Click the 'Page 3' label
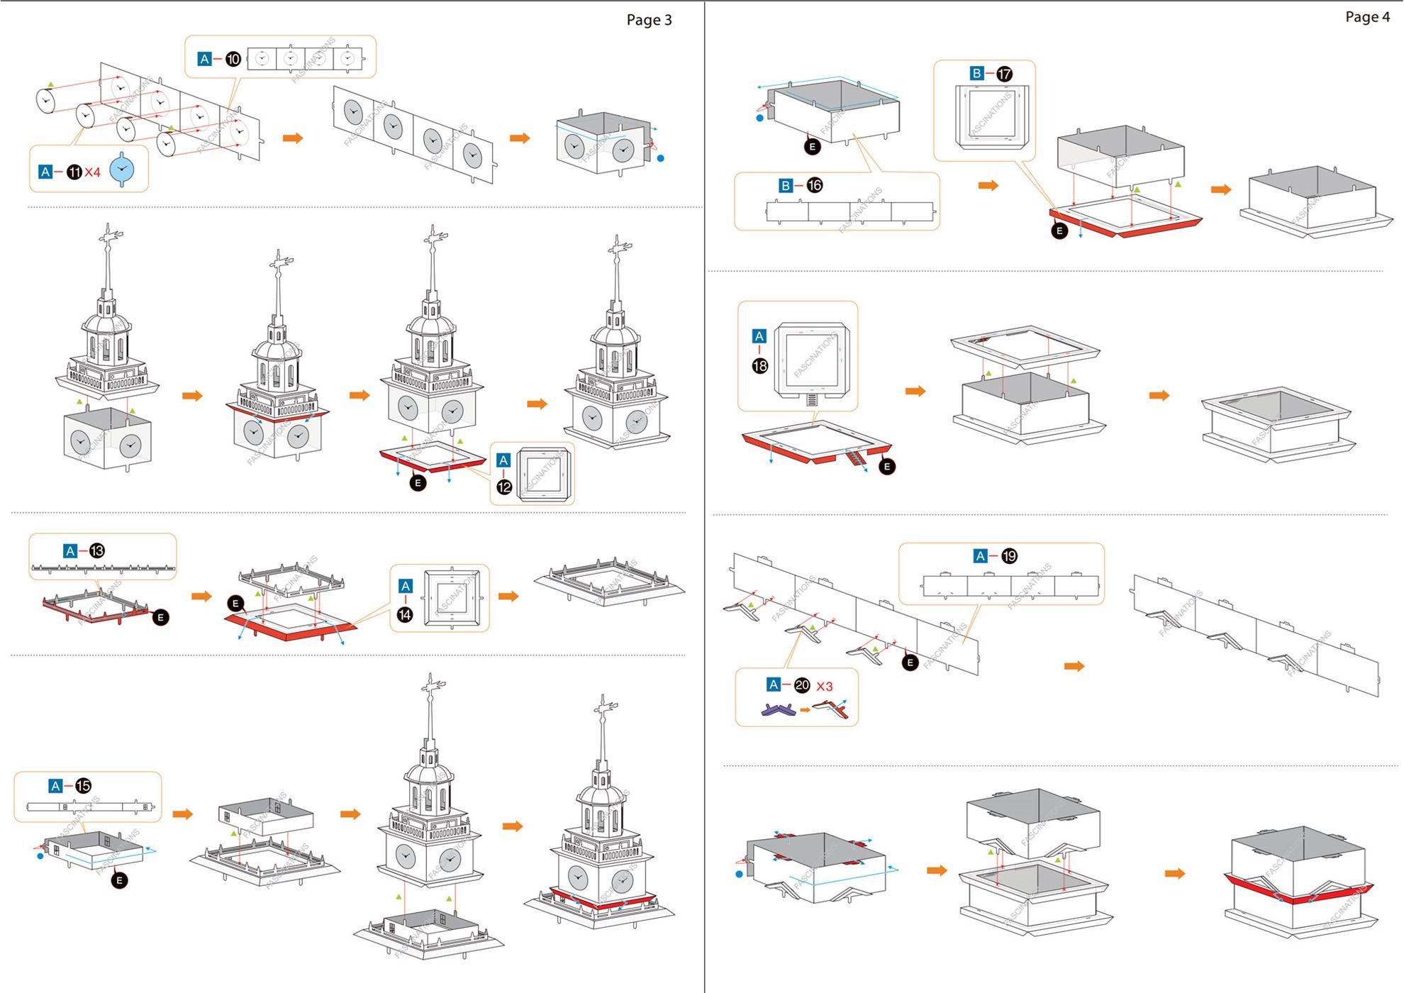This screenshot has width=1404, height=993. pyautogui.click(x=648, y=20)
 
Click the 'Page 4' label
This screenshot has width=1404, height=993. pyautogui.click(x=1367, y=17)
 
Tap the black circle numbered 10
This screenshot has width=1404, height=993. pyautogui.click(x=233, y=60)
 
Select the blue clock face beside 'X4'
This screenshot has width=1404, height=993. pyautogui.click(x=122, y=170)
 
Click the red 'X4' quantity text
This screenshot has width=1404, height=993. pyautogui.click(x=93, y=172)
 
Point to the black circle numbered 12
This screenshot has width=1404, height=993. pyautogui.click(x=504, y=487)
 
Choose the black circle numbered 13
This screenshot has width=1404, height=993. pyautogui.click(x=97, y=551)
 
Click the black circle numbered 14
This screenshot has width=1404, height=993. pyautogui.click(x=405, y=614)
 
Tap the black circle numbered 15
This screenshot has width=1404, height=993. pyautogui.click(x=83, y=786)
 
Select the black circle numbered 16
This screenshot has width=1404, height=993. pyautogui.click(x=815, y=186)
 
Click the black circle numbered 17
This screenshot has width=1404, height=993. pyautogui.click(x=1004, y=74)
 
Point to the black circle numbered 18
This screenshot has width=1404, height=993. pyautogui.click(x=759, y=366)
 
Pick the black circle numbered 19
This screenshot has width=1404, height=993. pyautogui.click(x=1009, y=556)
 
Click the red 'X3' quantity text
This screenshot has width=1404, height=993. pyautogui.click(x=824, y=687)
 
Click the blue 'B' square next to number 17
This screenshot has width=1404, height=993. pyautogui.click(x=976, y=73)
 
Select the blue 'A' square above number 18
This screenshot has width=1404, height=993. pyautogui.click(x=759, y=336)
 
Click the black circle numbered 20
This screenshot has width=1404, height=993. pyautogui.click(x=802, y=685)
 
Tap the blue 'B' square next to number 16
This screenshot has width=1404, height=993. pyautogui.click(x=786, y=186)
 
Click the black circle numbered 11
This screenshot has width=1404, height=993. pyautogui.click(x=74, y=172)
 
